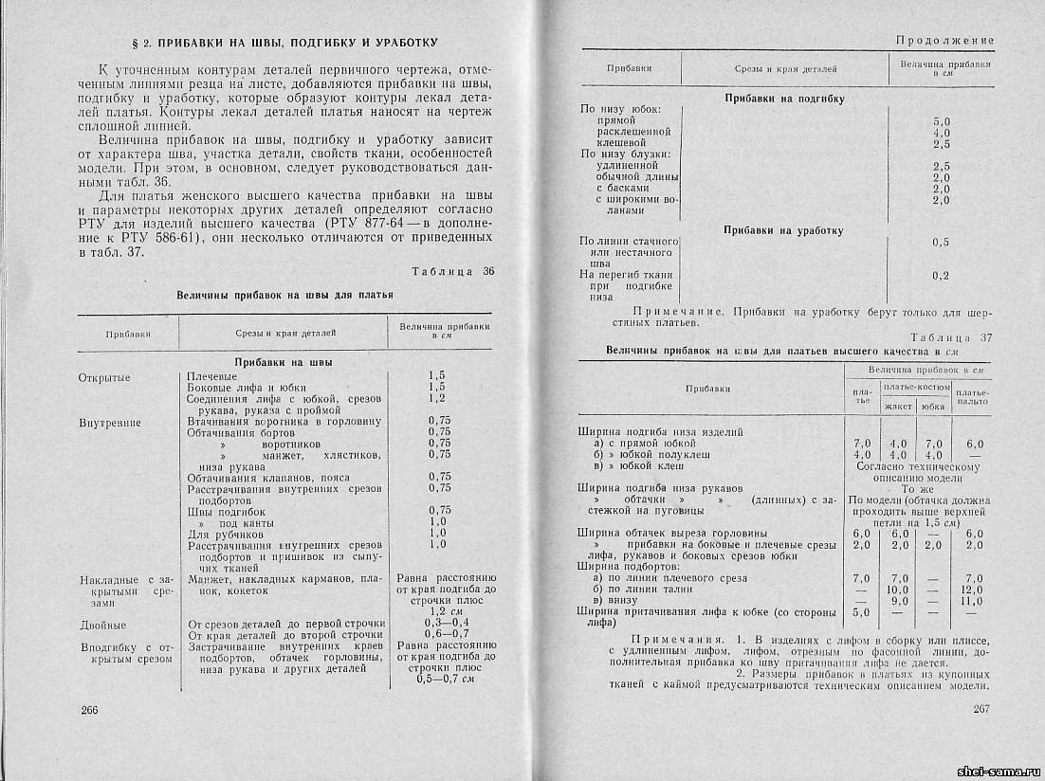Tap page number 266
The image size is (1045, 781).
coord(90,710)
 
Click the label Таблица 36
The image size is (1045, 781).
coord(453,272)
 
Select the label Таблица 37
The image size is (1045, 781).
coord(951,337)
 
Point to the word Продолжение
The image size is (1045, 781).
coord(944,41)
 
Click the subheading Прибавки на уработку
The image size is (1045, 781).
coord(783,230)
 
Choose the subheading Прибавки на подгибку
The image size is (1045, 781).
coord(784,98)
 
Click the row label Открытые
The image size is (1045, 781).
coord(104,377)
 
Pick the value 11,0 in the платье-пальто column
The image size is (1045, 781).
coord(973,600)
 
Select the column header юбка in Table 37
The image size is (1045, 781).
coord(933,406)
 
